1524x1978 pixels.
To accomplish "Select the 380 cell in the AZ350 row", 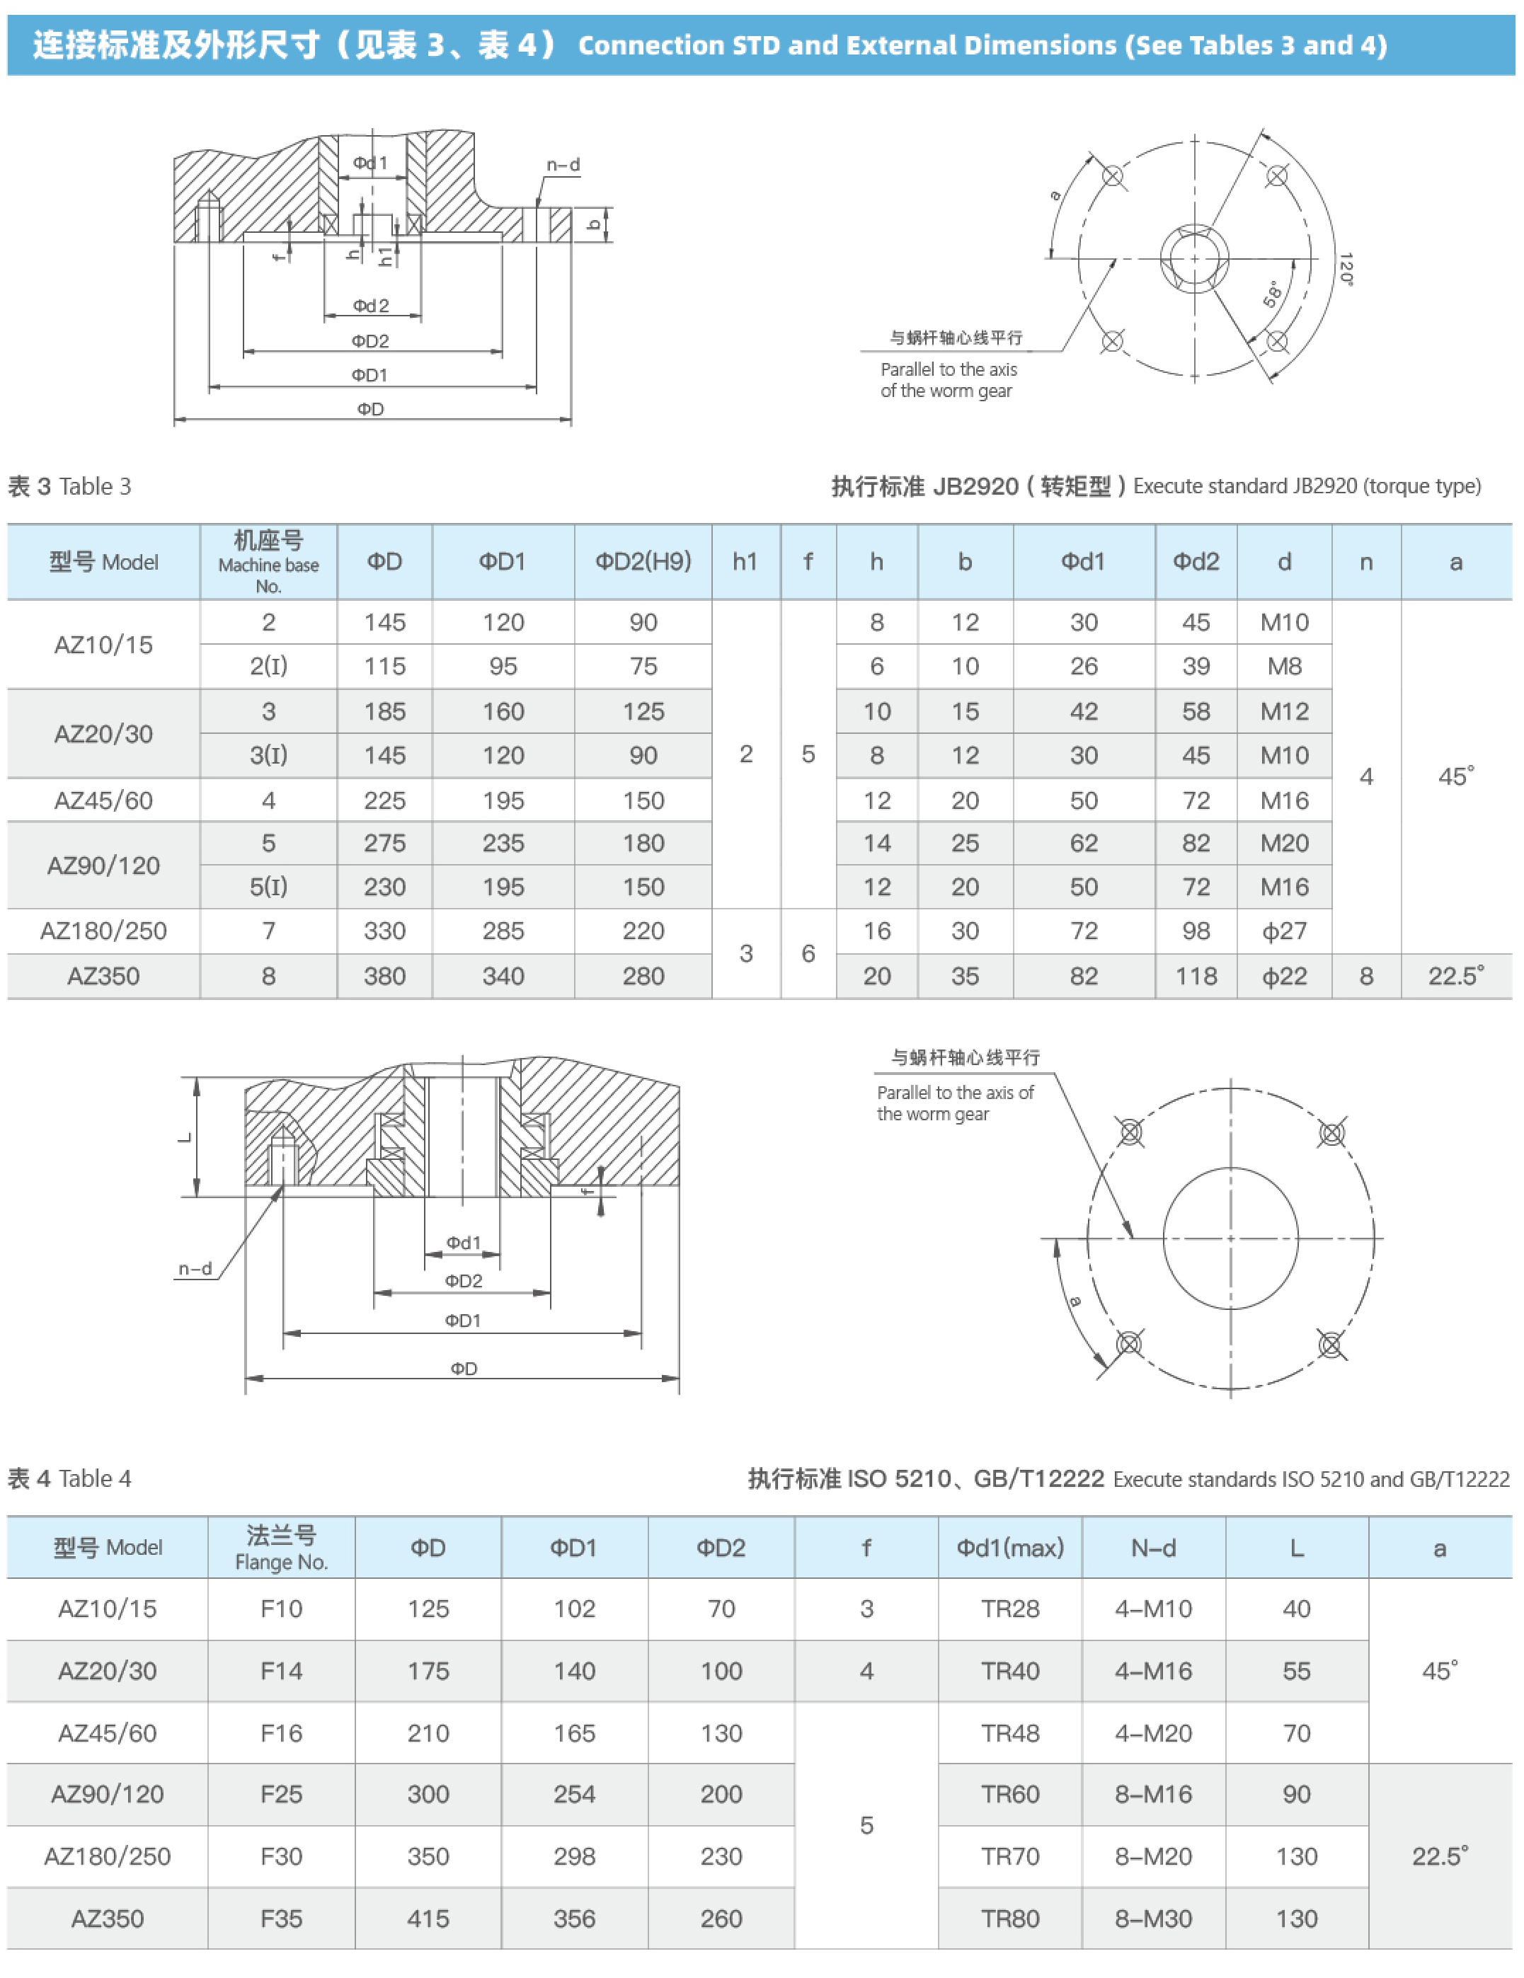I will (x=384, y=977).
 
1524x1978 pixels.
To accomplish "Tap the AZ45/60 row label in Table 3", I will (x=103, y=800).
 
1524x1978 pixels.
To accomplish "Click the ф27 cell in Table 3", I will (x=1284, y=931).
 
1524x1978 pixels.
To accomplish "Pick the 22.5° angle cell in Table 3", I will (x=1455, y=977).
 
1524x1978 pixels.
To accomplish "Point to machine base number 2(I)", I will (x=268, y=667).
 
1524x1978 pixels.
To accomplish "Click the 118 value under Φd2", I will (x=1196, y=977).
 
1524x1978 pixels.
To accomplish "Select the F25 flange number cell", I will (x=281, y=1794).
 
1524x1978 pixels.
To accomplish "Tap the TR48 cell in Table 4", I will (x=1009, y=1732).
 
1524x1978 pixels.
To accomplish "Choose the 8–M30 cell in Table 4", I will (x=1152, y=1919).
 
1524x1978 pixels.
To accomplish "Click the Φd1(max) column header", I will (x=1009, y=1548).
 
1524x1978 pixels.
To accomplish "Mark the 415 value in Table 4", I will (x=428, y=1919).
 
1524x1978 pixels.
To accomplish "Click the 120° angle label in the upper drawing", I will (x=1346, y=269).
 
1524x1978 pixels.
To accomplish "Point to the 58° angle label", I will (x=1273, y=294).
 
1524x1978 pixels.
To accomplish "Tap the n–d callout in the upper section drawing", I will (x=563, y=165).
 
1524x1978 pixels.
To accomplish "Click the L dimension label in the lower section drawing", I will (x=185, y=1137).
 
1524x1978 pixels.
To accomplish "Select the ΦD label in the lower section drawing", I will (x=463, y=1369).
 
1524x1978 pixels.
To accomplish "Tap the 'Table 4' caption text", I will (x=94, y=1479).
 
